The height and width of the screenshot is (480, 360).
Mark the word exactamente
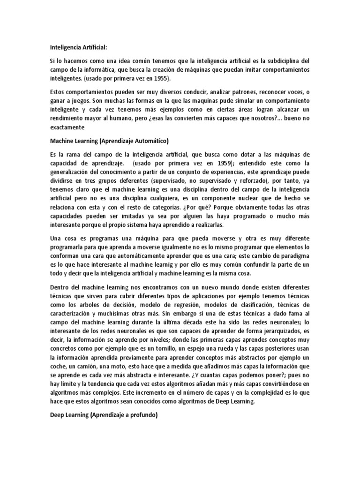tap(67, 127)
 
